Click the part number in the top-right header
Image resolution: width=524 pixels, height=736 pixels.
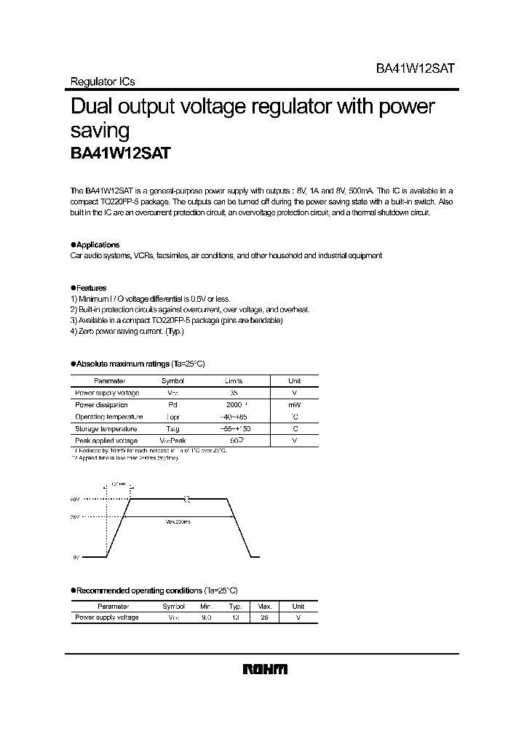(x=415, y=67)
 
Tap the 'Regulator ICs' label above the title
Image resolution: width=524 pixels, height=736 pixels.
(x=103, y=82)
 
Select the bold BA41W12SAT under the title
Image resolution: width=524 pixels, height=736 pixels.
(x=121, y=153)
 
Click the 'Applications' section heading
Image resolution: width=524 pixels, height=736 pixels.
(x=98, y=245)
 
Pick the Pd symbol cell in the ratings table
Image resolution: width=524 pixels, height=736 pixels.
(x=172, y=405)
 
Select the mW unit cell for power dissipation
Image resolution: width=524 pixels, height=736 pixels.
(x=294, y=405)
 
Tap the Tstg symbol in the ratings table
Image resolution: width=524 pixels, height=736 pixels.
(x=172, y=429)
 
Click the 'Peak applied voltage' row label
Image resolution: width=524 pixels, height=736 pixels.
(x=106, y=441)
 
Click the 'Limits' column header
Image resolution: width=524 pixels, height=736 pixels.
(x=234, y=381)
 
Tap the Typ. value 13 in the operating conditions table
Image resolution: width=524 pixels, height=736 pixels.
(x=235, y=618)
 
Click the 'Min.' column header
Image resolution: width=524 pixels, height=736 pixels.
(x=206, y=606)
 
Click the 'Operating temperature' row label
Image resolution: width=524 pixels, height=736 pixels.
(x=108, y=417)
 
